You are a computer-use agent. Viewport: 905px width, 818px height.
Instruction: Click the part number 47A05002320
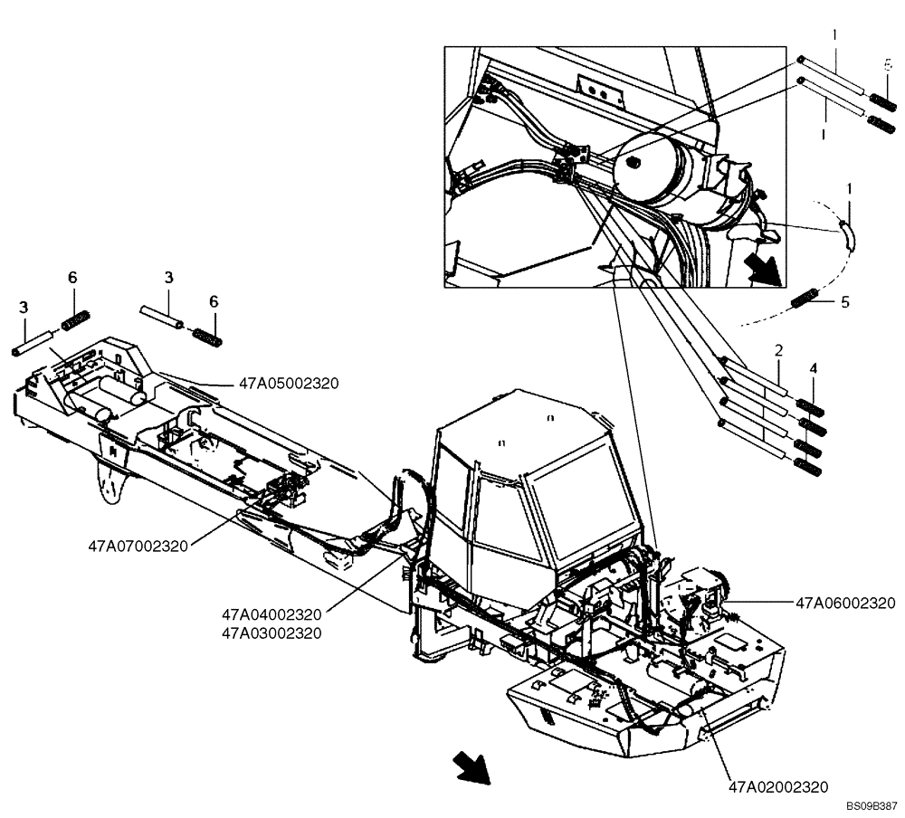point(289,384)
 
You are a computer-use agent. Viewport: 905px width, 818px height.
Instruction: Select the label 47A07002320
point(138,547)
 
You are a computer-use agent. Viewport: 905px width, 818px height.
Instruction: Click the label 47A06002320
point(845,604)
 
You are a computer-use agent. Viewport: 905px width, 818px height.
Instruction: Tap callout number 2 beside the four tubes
point(777,349)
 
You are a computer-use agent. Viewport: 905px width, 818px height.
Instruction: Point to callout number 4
point(813,369)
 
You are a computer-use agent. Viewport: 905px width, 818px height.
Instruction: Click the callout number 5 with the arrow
point(845,302)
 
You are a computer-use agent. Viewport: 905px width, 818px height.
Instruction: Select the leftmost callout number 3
point(25,309)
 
